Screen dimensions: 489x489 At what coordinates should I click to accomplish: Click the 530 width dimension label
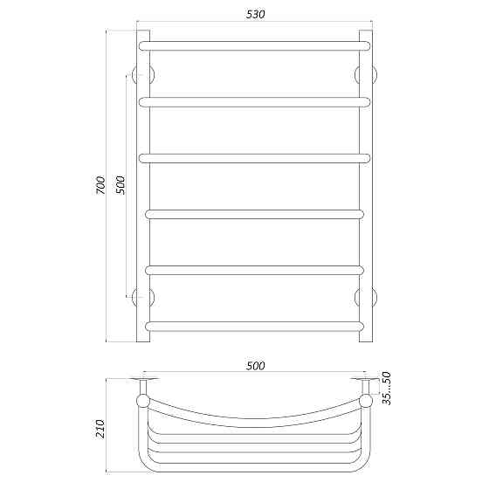pos(254,15)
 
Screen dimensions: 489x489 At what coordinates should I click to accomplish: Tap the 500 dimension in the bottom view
pos(254,366)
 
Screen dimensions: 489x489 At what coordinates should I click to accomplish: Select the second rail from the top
pos(254,101)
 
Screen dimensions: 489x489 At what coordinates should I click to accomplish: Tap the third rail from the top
pos(254,159)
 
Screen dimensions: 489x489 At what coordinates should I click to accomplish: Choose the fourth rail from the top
pos(254,213)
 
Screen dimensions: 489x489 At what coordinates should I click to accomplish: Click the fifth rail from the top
pos(254,270)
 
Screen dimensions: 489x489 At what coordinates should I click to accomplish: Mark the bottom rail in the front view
pos(254,327)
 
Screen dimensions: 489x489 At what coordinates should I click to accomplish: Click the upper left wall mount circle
pos(143,73)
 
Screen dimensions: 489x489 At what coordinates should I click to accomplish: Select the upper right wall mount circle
pos(366,73)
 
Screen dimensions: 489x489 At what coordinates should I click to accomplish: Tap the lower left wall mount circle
pos(143,297)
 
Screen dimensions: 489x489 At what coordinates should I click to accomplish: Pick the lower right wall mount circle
pos(366,297)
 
